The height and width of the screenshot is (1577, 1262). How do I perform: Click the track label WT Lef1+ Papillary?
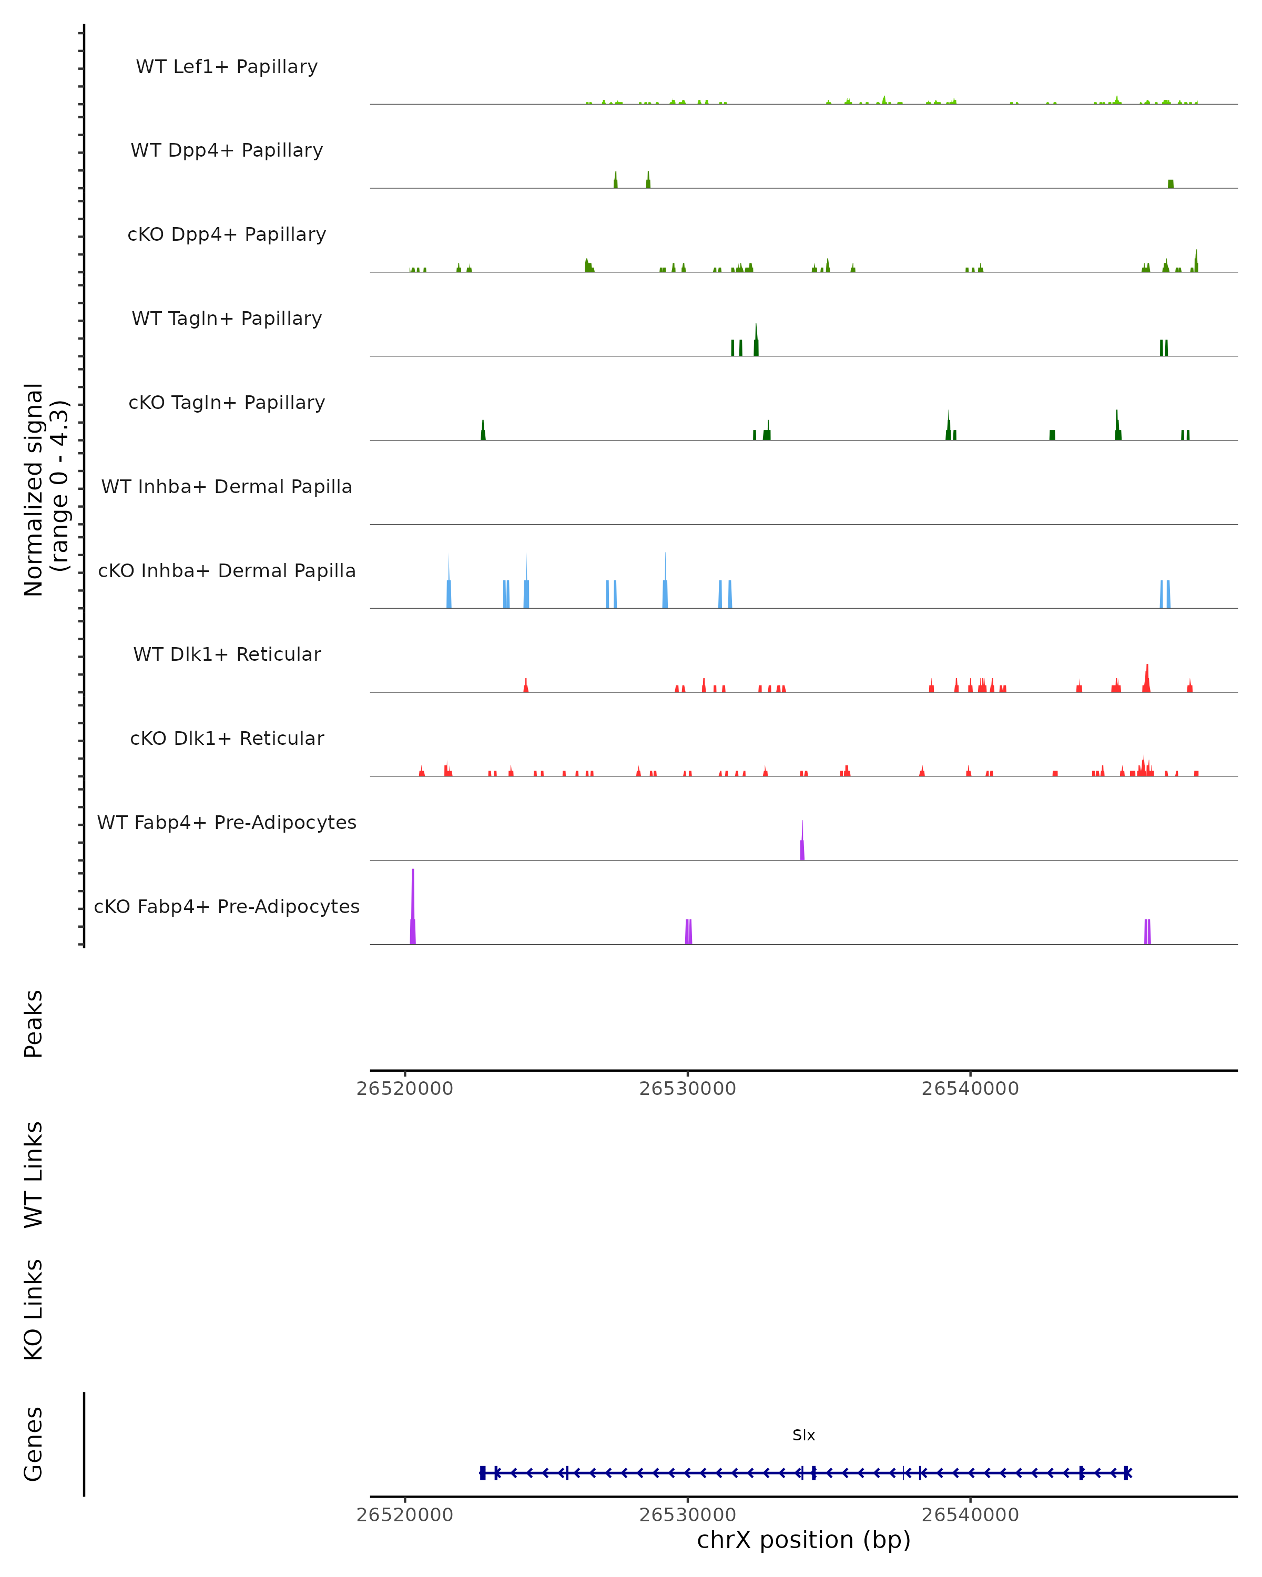(x=227, y=67)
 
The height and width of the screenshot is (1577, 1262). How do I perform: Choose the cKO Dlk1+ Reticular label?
(x=227, y=738)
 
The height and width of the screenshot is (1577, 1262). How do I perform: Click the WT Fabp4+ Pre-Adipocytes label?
(x=227, y=822)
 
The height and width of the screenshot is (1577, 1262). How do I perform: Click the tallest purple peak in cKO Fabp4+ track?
(x=413, y=907)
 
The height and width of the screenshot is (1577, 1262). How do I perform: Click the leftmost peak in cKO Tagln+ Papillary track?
(x=483, y=431)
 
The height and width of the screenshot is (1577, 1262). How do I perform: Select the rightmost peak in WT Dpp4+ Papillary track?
(x=1171, y=183)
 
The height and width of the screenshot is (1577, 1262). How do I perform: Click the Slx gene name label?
(x=803, y=1435)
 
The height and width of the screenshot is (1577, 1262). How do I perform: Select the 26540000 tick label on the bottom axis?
(x=970, y=1514)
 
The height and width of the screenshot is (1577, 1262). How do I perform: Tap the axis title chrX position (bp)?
(x=803, y=1540)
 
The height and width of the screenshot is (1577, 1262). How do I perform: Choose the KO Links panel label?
(x=34, y=1309)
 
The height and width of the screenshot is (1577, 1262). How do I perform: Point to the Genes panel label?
(x=34, y=1443)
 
